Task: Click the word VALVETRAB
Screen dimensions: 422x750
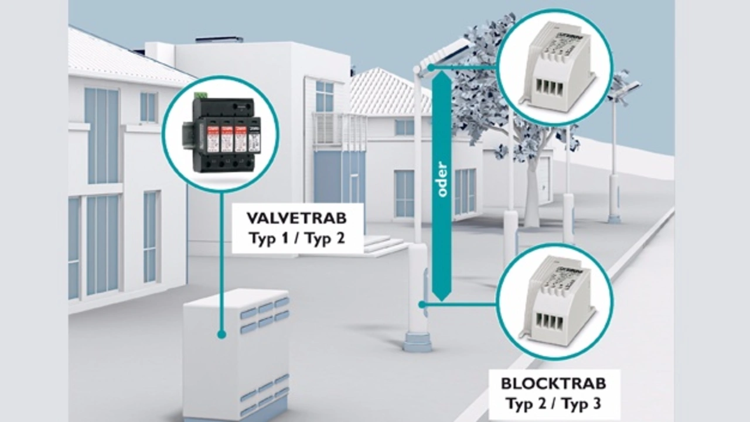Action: click(x=296, y=218)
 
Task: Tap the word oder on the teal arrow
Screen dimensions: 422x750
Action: click(x=442, y=179)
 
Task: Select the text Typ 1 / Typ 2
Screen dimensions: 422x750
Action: click(x=296, y=239)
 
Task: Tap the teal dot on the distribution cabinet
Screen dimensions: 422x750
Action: click(x=221, y=334)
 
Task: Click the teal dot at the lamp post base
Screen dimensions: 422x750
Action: click(x=422, y=304)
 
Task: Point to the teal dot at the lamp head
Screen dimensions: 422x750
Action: click(x=431, y=67)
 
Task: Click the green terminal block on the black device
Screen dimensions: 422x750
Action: click(x=202, y=95)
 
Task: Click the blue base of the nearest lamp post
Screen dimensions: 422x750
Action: click(x=418, y=342)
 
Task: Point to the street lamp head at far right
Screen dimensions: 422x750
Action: click(x=626, y=88)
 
